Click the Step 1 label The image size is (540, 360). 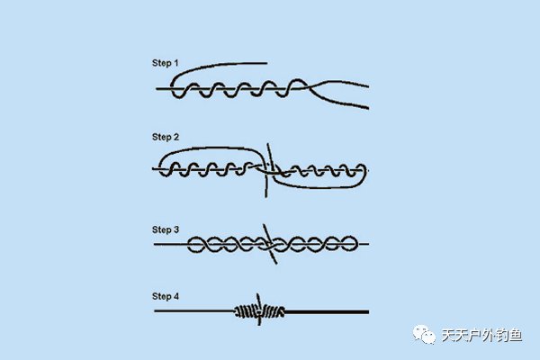pyautogui.click(x=166, y=63)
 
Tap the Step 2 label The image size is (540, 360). pyautogui.click(x=166, y=137)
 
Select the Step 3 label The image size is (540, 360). pyautogui.click(x=166, y=229)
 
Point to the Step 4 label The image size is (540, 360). pyautogui.click(x=166, y=296)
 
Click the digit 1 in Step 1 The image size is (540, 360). pyautogui.click(x=176, y=63)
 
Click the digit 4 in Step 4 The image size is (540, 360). pyautogui.click(x=176, y=296)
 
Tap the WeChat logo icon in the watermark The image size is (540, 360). pyautogui.click(x=424, y=334)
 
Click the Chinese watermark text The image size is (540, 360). pyautogui.click(x=481, y=335)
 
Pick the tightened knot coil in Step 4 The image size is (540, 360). pyautogui.click(x=259, y=311)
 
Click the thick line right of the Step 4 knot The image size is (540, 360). pyautogui.click(x=327, y=312)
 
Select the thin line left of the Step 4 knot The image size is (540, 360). pyautogui.click(x=194, y=311)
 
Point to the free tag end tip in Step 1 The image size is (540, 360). pyautogui.click(x=266, y=63)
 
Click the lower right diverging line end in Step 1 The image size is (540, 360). pyautogui.click(x=368, y=108)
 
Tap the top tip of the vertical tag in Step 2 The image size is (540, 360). pyautogui.click(x=268, y=145)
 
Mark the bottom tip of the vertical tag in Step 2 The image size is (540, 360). pyautogui.click(x=265, y=197)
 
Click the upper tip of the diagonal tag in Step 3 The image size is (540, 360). pyautogui.click(x=264, y=225)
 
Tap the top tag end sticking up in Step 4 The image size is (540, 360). pyautogui.click(x=257, y=294)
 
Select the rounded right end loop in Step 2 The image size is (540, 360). pyautogui.click(x=365, y=175)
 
